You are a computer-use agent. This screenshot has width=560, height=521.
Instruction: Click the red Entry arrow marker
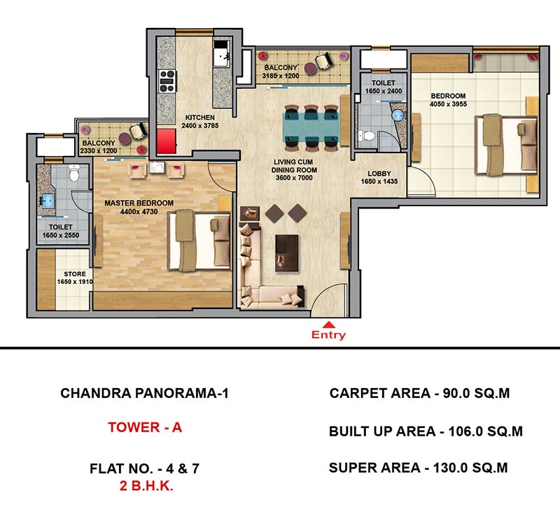(x=328, y=324)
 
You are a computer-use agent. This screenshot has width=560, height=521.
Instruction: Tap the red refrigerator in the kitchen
(x=167, y=141)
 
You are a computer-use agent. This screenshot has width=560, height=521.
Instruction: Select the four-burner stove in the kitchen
(x=167, y=81)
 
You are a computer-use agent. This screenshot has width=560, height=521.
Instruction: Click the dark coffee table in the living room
(x=287, y=253)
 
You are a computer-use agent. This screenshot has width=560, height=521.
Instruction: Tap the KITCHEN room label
(x=200, y=117)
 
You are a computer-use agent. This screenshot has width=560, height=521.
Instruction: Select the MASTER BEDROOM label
(x=139, y=203)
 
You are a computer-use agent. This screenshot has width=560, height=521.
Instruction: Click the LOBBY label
(x=379, y=173)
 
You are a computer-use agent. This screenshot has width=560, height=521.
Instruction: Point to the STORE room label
(x=75, y=273)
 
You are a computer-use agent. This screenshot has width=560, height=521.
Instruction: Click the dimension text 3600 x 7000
(x=294, y=178)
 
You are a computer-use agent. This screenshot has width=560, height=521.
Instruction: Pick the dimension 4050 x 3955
(x=448, y=104)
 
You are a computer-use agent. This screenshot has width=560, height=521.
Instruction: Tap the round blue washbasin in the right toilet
(x=398, y=115)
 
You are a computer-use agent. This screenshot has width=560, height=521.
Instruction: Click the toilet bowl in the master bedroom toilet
(x=74, y=173)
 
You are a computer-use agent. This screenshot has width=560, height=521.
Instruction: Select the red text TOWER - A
(x=145, y=427)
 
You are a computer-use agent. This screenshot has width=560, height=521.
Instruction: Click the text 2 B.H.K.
(x=146, y=485)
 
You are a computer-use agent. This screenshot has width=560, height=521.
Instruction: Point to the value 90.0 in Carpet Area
(x=456, y=393)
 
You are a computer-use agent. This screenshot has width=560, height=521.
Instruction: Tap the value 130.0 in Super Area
(x=449, y=467)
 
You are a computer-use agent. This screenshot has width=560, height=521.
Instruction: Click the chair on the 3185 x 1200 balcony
(x=324, y=61)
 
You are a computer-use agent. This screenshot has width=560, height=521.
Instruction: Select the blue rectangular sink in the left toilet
(x=48, y=201)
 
